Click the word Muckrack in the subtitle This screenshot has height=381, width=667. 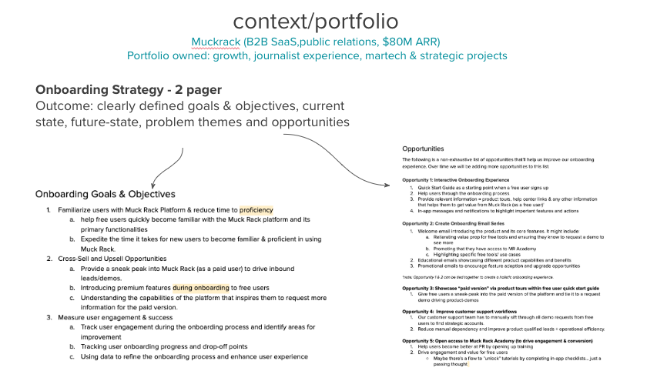(x=213, y=41)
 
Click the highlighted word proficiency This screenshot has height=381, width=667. (x=256, y=209)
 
